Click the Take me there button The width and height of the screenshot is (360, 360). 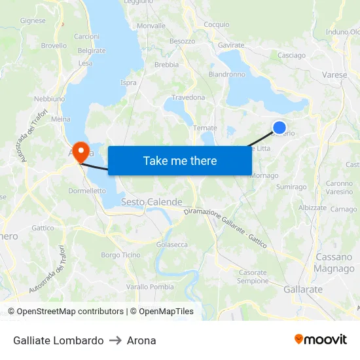click(x=179, y=160)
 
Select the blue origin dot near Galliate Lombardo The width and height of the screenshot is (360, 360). click(x=279, y=128)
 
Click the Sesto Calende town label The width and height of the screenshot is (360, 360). click(x=151, y=202)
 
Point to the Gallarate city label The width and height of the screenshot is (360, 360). click(x=303, y=289)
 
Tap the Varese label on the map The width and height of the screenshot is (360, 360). click(x=334, y=75)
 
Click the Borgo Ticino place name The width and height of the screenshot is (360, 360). click(x=120, y=255)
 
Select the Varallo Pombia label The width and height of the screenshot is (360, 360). click(x=150, y=287)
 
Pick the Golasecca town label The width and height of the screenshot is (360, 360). click(x=172, y=244)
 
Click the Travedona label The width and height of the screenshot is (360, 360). click(x=189, y=98)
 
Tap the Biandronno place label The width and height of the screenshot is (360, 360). click(x=226, y=75)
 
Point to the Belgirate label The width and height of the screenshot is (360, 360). click(x=91, y=50)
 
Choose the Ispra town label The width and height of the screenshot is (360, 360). click(x=128, y=82)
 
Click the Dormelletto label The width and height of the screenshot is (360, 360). click(x=87, y=191)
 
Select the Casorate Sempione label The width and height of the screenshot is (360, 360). click(x=253, y=276)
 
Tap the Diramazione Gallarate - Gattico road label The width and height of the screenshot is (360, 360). click(x=225, y=227)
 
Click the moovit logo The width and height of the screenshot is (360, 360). click(x=321, y=340)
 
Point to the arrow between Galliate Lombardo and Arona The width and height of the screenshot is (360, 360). click(x=115, y=340)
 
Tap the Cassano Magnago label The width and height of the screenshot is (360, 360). click(x=334, y=263)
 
